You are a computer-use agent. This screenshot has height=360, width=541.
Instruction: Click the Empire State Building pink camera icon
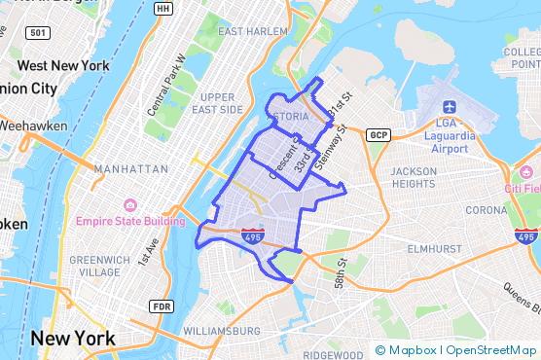(x=129, y=206)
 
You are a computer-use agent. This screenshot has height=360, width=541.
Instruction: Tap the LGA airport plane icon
(x=449, y=107)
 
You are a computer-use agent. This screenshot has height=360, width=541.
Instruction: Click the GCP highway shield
(x=379, y=134)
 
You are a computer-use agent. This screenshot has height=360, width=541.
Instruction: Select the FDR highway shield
(x=161, y=306)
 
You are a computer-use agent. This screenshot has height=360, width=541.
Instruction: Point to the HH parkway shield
(x=163, y=9)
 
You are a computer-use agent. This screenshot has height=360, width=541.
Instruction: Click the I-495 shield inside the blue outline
(x=250, y=234)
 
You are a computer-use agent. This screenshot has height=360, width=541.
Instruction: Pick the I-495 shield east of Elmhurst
(x=525, y=236)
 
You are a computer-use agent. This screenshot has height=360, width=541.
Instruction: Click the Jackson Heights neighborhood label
(x=415, y=178)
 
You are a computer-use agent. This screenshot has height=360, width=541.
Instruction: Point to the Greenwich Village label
(x=101, y=266)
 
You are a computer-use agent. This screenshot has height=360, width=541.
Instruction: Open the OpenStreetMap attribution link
(x=491, y=350)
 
